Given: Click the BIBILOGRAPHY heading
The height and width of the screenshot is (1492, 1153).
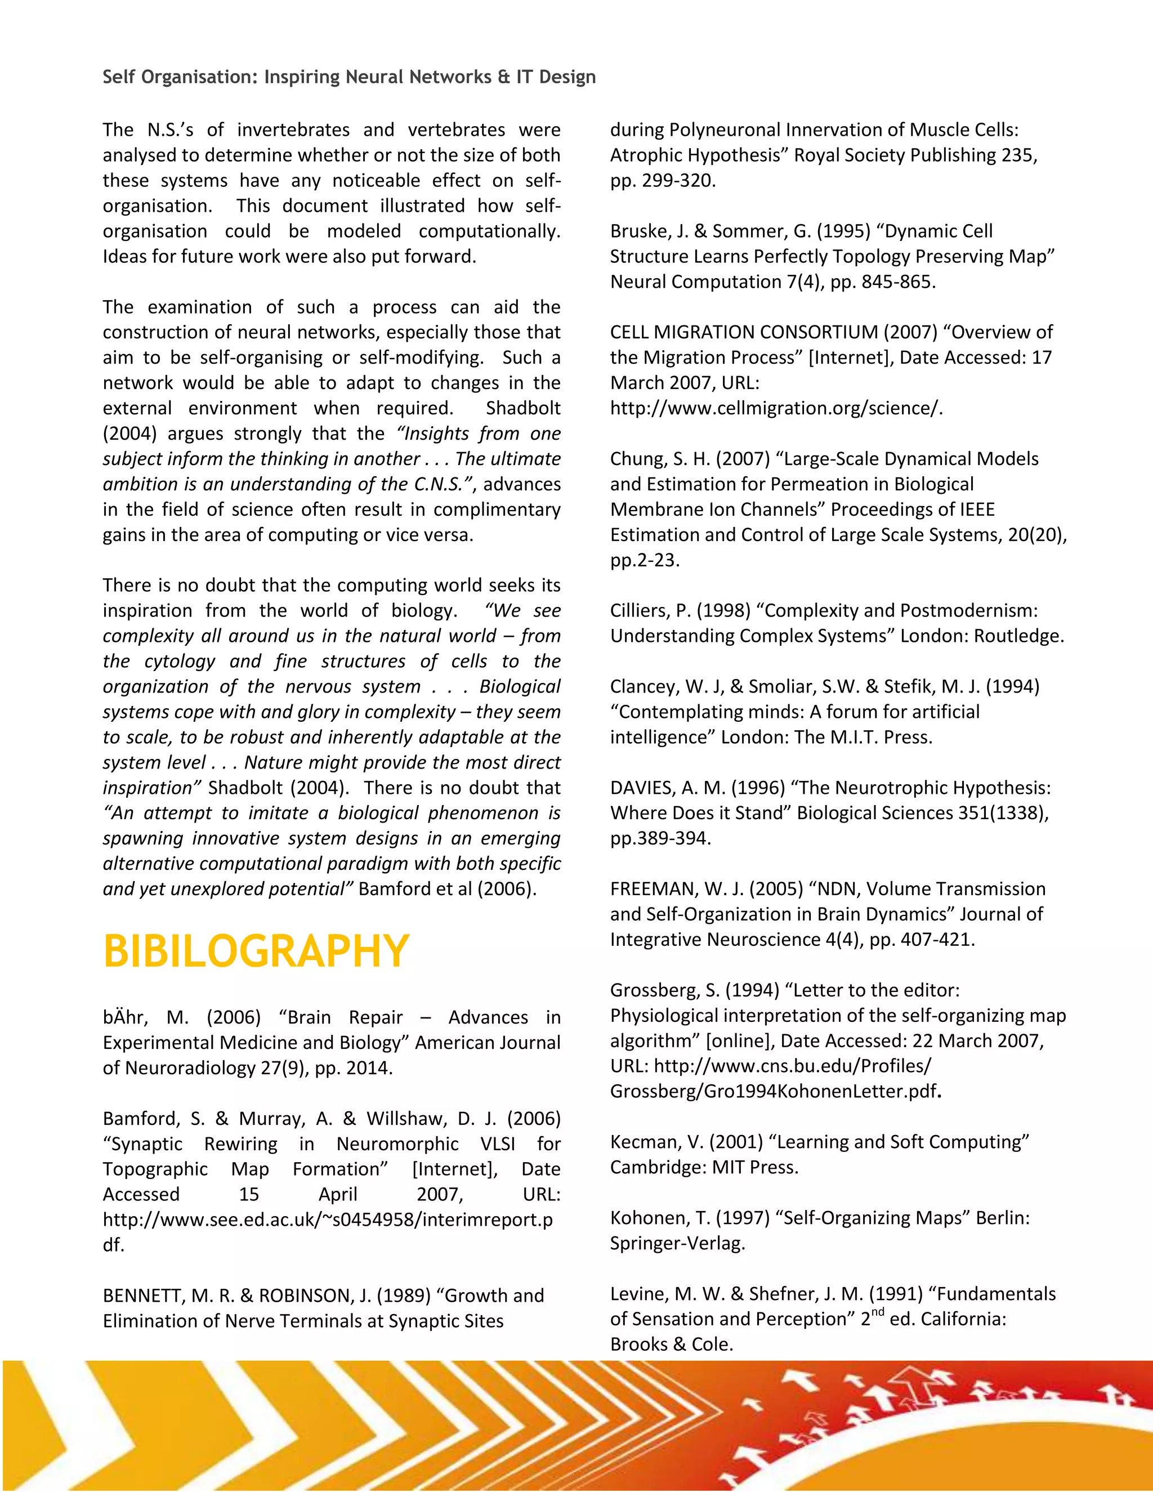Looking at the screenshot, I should point(256,951).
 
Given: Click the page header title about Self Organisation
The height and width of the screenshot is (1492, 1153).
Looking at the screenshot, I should point(349,77).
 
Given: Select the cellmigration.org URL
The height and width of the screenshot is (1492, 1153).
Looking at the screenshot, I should point(776,409).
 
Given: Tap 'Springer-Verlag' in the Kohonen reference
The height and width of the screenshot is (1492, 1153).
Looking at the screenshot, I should point(676,1243).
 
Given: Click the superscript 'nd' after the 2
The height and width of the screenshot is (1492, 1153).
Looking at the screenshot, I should point(878,1311).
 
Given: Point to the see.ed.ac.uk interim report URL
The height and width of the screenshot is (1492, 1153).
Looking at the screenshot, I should point(328,1219).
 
